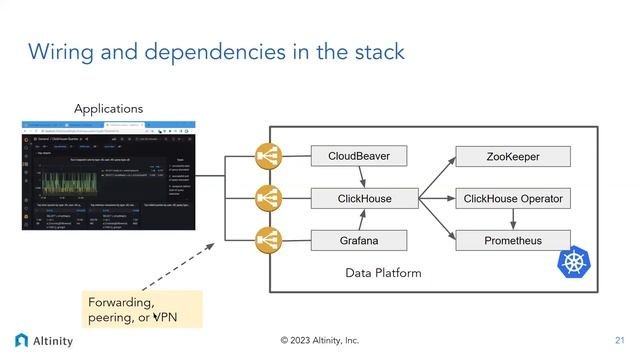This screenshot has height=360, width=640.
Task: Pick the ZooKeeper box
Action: click(512, 157)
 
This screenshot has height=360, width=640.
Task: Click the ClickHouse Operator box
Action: click(512, 199)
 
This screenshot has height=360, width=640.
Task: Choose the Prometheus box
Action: click(512, 240)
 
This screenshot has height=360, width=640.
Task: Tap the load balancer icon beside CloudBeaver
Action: click(269, 156)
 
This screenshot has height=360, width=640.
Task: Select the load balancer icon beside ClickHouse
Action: click(269, 198)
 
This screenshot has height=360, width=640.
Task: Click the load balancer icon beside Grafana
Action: click(269, 240)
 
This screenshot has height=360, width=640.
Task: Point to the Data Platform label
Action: click(383, 273)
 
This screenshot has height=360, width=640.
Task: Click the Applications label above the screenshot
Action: click(108, 108)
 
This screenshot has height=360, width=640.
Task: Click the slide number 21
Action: click(619, 340)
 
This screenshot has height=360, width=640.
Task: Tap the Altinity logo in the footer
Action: click(44, 340)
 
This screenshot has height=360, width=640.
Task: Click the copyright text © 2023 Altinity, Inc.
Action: click(319, 340)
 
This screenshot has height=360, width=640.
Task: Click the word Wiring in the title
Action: click(62, 50)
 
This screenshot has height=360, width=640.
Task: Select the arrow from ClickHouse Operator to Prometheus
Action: click(512, 219)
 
